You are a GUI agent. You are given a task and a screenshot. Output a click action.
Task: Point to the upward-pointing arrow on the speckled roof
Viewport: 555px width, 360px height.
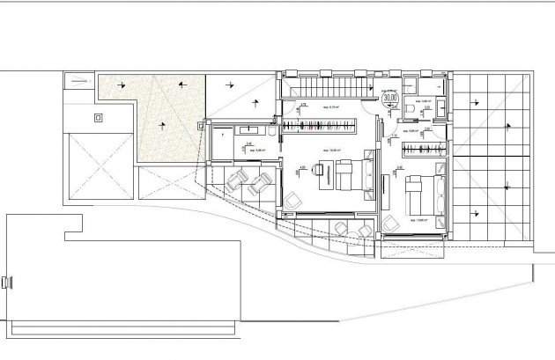pyautogui.click(x=162, y=125)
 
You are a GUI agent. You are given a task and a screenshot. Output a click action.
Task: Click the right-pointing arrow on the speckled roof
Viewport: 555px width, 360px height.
pyautogui.click(x=181, y=84)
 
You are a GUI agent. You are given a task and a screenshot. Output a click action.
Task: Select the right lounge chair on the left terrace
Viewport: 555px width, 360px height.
pyautogui.click(x=261, y=182)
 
